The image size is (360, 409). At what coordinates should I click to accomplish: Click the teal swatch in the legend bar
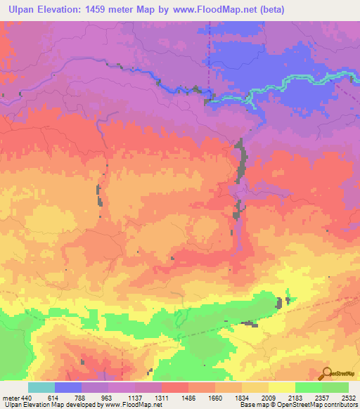point(41,387)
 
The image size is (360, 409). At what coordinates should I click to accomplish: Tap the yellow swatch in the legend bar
point(282,387)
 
